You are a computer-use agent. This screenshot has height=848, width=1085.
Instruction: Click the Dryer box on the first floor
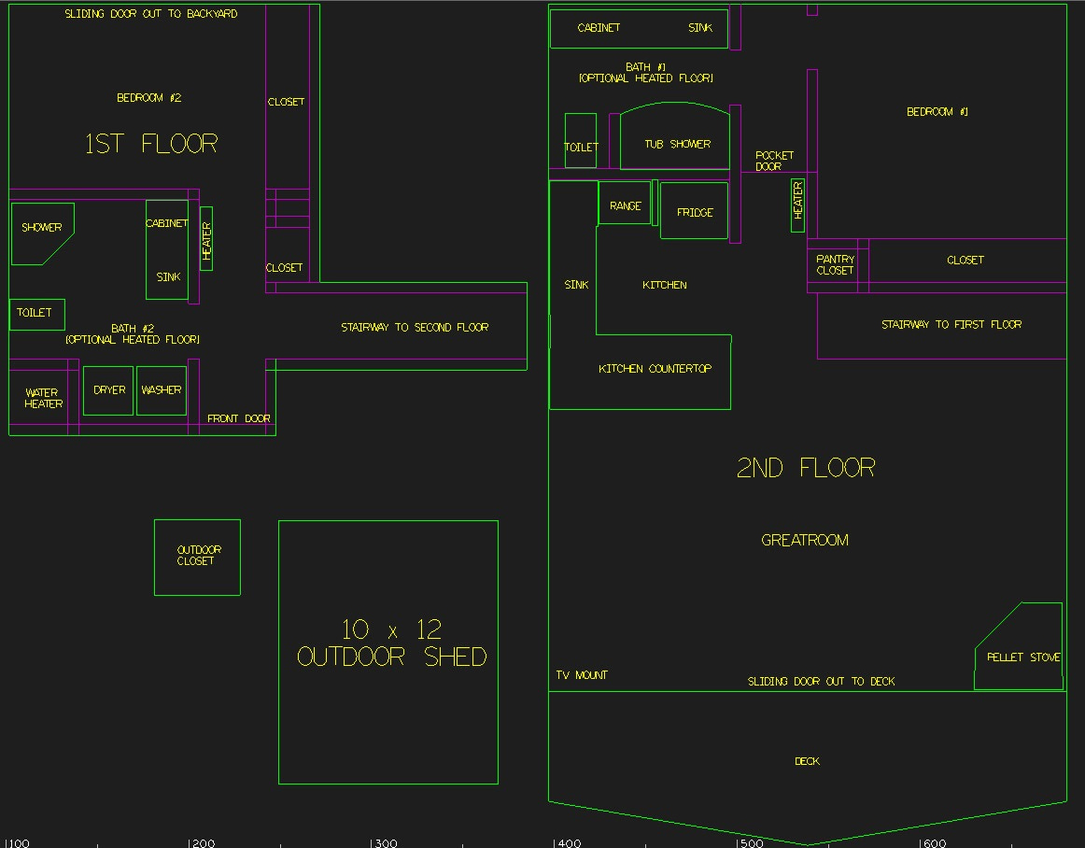pyautogui.click(x=109, y=390)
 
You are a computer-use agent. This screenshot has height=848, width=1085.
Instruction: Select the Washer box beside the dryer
pyautogui.click(x=161, y=390)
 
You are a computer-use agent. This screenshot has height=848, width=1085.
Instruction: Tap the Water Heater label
pyautogui.click(x=43, y=398)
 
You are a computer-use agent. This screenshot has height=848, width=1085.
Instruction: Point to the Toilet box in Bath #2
pyautogui.click(x=36, y=314)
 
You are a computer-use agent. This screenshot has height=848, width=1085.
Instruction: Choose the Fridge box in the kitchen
pyautogui.click(x=694, y=211)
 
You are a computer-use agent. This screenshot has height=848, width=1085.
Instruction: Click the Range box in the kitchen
pyautogui.click(x=625, y=205)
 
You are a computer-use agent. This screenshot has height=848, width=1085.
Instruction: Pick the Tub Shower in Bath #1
pyautogui.click(x=676, y=140)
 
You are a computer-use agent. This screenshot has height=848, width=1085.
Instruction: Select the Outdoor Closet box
pyautogui.click(x=197, y=557)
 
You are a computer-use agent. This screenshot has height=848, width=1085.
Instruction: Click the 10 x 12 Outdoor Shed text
pyautogui.click(x=391, y=643)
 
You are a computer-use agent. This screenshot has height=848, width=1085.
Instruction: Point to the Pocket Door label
pyautogui.click(x=774, y=161)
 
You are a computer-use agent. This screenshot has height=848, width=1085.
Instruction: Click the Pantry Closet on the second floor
pyautogui.click(x=835, y=265)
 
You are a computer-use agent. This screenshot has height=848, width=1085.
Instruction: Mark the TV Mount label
pyautogui.click(x=582, y=675)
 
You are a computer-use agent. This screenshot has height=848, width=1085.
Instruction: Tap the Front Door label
pyautogui.click(x=238, y=419)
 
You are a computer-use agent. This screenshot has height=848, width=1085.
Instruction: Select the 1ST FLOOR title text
pyautogui.click(x=151, y=144)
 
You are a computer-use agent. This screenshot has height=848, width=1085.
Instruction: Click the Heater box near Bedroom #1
pyautogui.click(x=797, y=205)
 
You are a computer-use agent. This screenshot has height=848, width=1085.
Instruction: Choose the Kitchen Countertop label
pyautogui.click(x=655, y=369)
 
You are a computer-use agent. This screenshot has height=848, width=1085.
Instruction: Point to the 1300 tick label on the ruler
pyautogui.click(x=383, y=843)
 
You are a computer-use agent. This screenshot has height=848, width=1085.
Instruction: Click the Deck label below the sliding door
pyautogui.click(x=807, y=761)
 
